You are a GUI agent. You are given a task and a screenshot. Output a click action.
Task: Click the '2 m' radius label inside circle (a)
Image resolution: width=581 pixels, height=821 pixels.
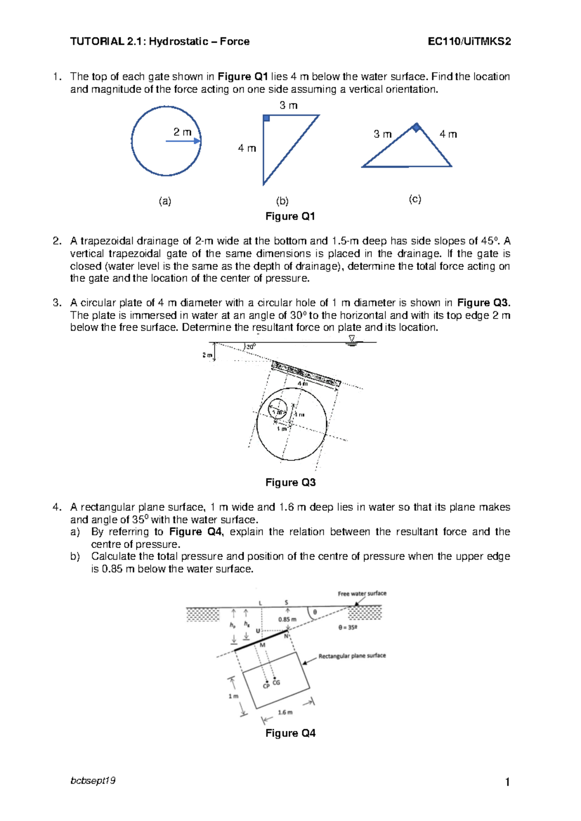pyautogui.click(x=183, y=132)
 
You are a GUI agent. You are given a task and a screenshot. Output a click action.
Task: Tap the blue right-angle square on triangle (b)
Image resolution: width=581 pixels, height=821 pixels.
pyautogui.click(x=266, y=118)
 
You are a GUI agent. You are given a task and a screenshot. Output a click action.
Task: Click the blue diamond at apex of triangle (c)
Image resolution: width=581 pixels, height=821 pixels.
pyautogui.click(x=416, y=128)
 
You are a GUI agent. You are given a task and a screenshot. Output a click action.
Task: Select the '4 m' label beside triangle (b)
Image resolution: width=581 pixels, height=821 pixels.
pyautogui.click(x=246, y=148)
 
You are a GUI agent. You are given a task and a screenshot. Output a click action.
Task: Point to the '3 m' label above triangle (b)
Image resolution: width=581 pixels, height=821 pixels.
pyautogui.click(x=288, y=105)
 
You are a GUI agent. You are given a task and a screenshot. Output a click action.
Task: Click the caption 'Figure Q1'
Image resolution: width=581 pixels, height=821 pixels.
pyautogui.click(x=290, y=216)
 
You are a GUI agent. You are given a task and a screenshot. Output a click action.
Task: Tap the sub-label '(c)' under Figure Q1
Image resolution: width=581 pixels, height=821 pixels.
pyautogui.click(x=415, y=199)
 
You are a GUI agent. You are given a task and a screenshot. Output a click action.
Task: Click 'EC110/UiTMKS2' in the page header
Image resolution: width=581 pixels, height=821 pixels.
pyautogui.click(x=469, y=42)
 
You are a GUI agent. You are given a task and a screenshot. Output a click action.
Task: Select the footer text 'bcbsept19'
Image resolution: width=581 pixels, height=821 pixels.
pyautogui.click(x=93, y=780)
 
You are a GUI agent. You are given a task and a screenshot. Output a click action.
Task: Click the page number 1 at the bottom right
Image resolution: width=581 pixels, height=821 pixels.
pyautogui.click(x=507, y=782)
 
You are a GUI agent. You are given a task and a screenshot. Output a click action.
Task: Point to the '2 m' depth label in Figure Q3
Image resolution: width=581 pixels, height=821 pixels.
pyautogui.click(x=207, y=355)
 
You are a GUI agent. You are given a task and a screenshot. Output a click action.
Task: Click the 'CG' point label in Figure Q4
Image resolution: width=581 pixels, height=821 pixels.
pyautogui.click(x=276, y=683)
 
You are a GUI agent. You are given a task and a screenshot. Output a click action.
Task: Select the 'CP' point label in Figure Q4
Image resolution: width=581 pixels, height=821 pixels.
pyautogui.click(x=266, y=686)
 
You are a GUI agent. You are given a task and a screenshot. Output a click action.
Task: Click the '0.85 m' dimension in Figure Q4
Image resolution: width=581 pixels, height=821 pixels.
pyautogui.click(x=287, y=619)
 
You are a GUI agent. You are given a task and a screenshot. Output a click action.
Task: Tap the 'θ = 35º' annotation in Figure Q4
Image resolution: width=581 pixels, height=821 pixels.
pyautogui.click(x=348, y=627)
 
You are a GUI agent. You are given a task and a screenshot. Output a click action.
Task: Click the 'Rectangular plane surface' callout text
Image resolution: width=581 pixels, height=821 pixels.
pyautogui.click(x=352, y=655)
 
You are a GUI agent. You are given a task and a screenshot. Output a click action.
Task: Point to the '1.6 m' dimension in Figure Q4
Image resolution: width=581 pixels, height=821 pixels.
pyautogui.click(x=285, y=712)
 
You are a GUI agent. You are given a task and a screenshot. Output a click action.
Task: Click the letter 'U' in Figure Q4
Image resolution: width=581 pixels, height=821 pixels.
pyautogui.click(x=258, y=631)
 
